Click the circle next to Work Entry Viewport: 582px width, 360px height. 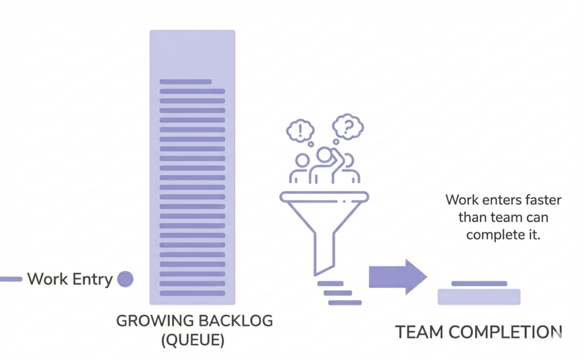pos(124,279)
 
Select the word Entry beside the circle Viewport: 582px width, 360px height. pos(92,280)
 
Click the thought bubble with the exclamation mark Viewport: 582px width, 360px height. pos(299,131)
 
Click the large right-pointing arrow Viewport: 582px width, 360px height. pos(397,277)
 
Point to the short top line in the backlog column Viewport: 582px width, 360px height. pos(185,82)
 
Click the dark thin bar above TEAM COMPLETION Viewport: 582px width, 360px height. pos(479,283)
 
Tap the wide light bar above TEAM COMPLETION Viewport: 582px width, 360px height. pos(479,297)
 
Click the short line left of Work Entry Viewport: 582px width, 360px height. pos(10,279)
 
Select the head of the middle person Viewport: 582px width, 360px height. pos(325,155)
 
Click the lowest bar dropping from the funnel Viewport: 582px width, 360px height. pos(345,303)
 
